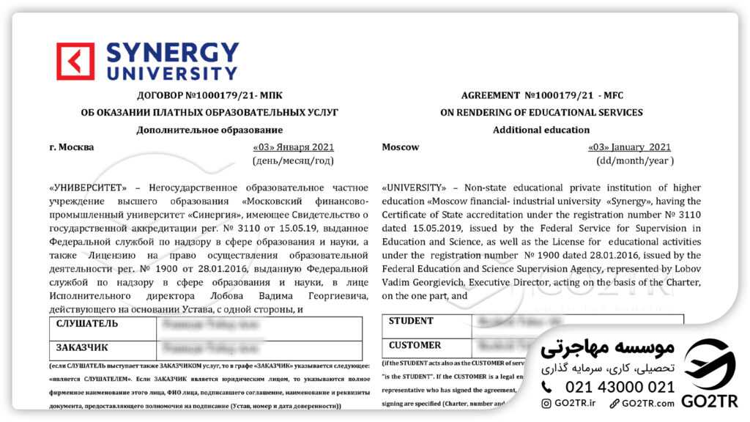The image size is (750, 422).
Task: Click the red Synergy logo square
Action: [75, 61]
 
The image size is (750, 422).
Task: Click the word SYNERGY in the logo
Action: [173, 53]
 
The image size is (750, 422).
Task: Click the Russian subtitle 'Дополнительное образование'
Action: [199, 130]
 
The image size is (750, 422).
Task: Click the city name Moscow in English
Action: [401, 147]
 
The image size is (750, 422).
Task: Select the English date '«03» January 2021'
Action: [629, 147]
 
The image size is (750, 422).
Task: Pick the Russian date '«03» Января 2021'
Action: [293, 147]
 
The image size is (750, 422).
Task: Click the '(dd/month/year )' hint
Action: [634, 160]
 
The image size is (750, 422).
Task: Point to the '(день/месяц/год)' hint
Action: [293, 160]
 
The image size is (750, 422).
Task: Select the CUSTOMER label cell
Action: [415, 345]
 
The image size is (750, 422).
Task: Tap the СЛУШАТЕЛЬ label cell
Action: [87, 324]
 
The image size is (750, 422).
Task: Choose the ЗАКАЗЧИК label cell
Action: [83, 348]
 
